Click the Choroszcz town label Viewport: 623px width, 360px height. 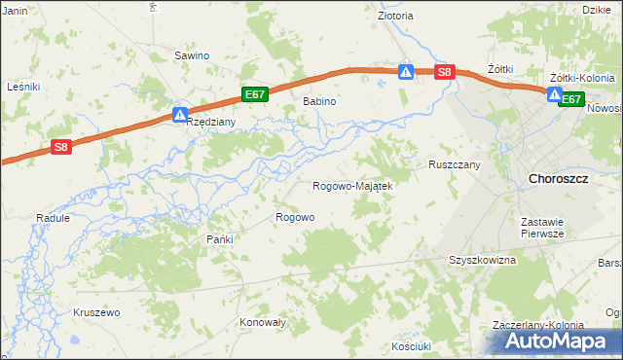(558, 179)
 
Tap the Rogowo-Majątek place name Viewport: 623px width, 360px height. (351, 186)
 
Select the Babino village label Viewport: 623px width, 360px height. (319, 101)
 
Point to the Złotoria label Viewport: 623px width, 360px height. (395, 16)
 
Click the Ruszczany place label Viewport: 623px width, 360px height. (455, 165)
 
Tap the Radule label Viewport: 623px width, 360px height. (53, 219)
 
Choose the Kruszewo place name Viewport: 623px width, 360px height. (95, 312)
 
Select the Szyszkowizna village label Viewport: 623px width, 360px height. (482, 261)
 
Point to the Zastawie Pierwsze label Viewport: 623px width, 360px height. (543, 228)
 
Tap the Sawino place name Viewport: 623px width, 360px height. (192, 55)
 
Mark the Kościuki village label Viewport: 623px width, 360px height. (410, 345)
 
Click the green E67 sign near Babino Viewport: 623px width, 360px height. (254, 93)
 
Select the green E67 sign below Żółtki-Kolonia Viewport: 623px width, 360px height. (571, 99)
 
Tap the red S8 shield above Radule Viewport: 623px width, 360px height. (60, 147)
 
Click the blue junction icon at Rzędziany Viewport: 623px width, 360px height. (180, 115)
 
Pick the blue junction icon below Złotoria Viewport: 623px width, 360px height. (407, 71)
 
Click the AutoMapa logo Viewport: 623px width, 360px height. (556, 341)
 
